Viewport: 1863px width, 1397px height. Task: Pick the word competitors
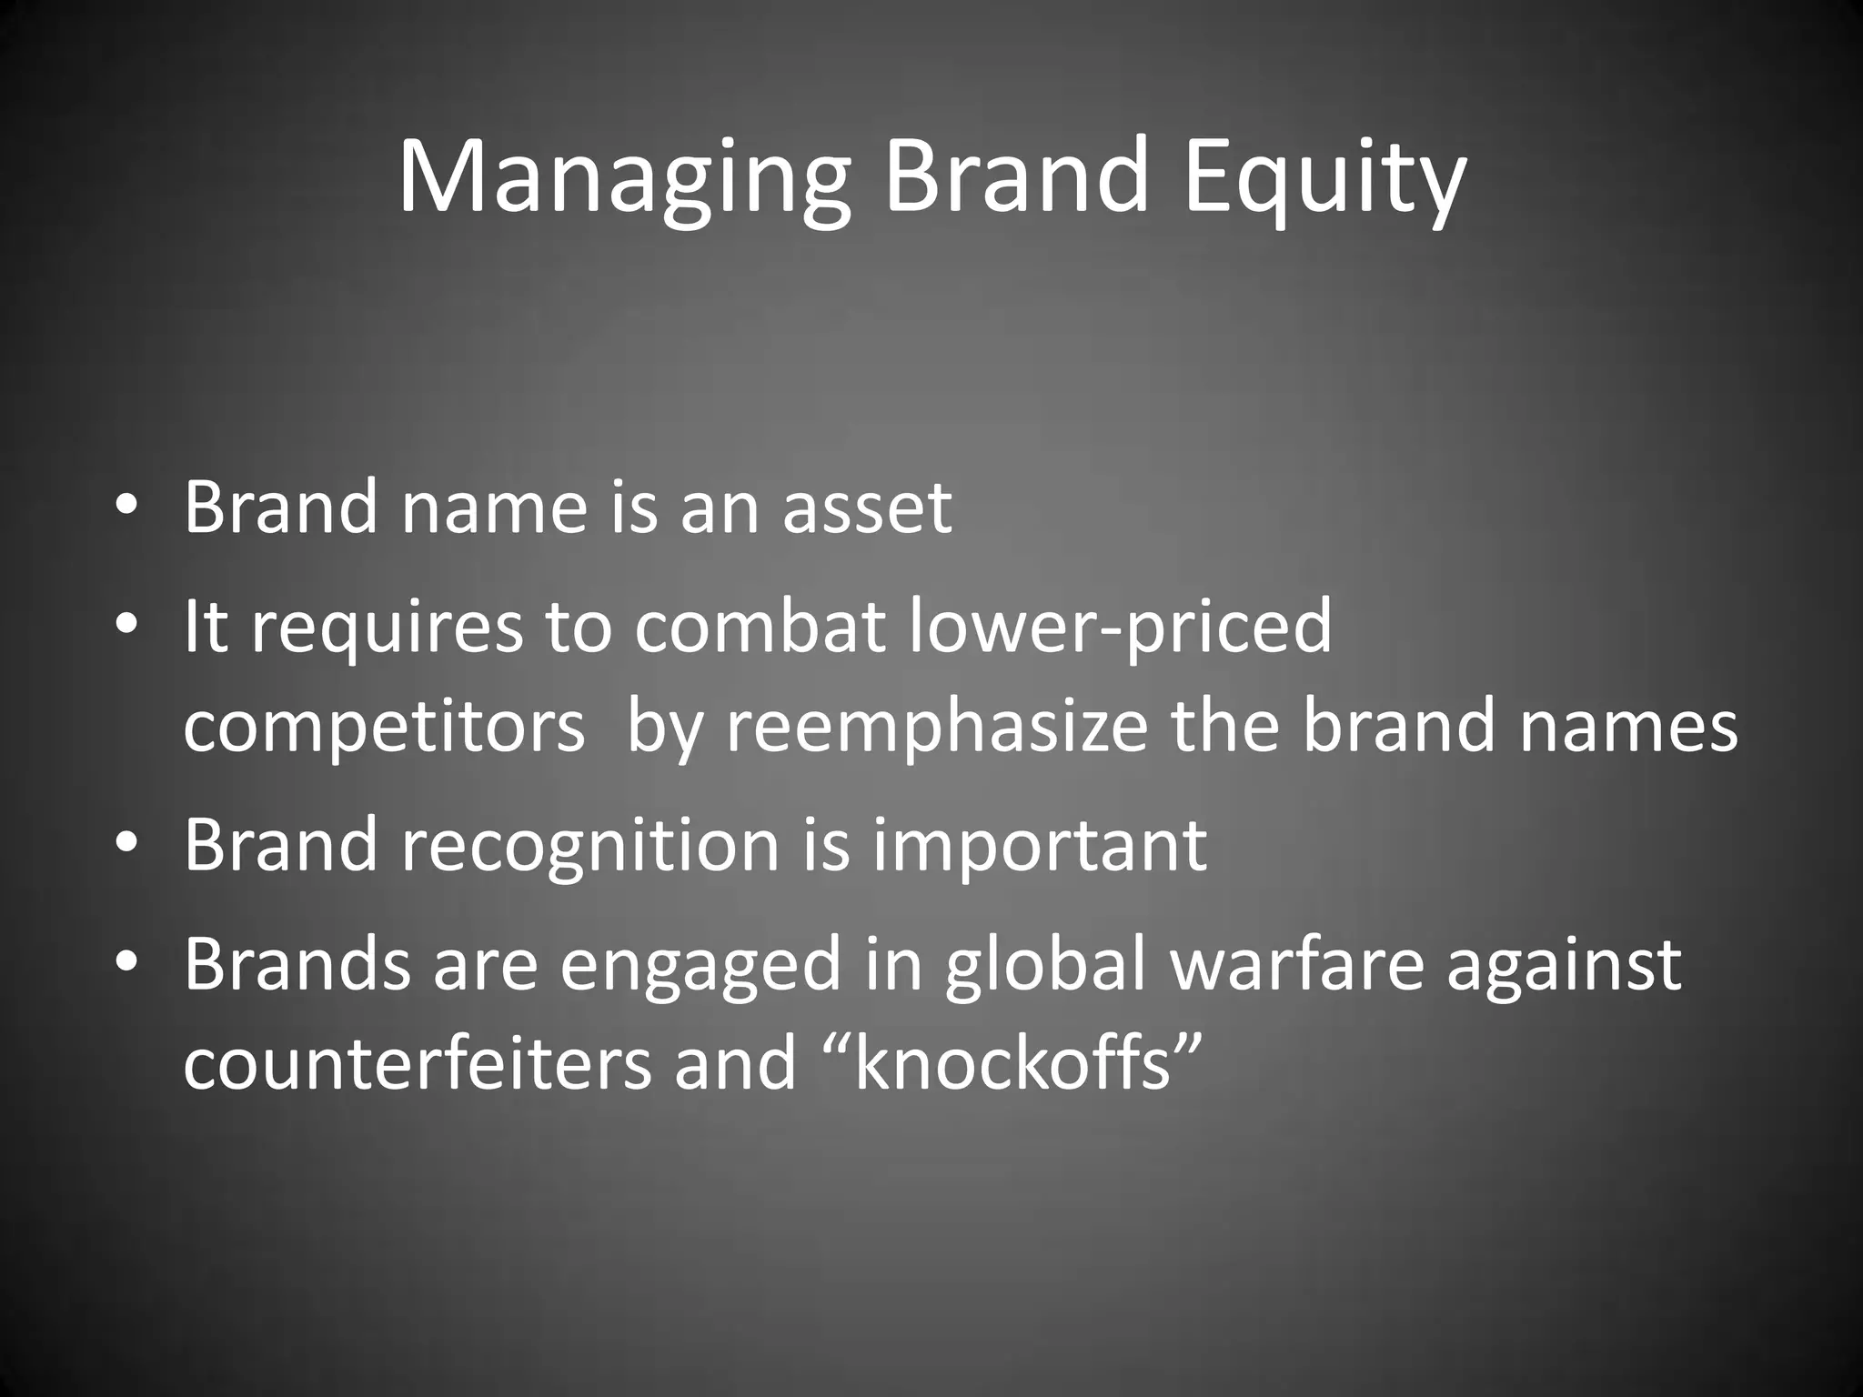tap(384, 729)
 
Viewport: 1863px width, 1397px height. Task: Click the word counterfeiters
tap(418, 1065)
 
